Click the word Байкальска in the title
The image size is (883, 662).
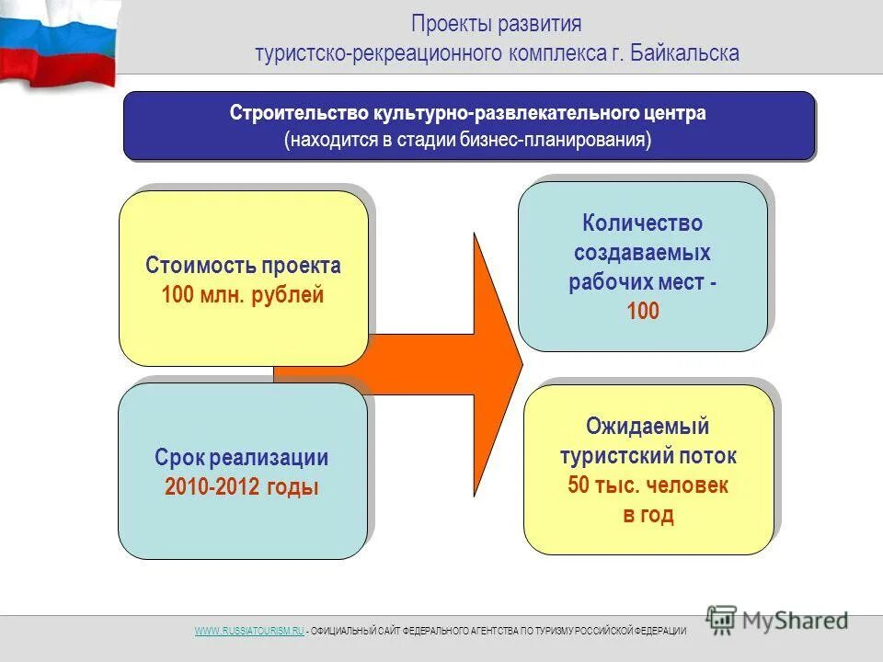[686, 52]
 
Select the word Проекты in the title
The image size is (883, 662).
[446, 23]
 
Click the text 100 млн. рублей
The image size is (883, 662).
[243, 296]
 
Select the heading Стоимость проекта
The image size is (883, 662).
[243, 267]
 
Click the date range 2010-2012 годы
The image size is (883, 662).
[242, 487]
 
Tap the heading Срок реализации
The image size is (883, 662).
[242, 458]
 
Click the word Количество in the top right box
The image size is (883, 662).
[642, 223]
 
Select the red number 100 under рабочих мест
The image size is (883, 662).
[643, 312]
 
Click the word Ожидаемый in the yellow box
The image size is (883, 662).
[648, 427]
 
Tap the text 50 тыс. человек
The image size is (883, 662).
[648, 485]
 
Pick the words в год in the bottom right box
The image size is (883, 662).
[648, 515]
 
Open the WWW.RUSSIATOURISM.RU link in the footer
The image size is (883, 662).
[248, 631]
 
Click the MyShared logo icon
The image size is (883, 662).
[722, 620]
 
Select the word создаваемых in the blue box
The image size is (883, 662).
[642, 253]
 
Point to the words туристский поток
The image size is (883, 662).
[648, 456]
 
